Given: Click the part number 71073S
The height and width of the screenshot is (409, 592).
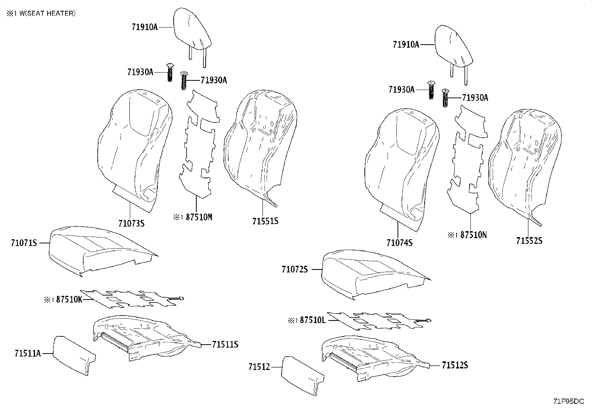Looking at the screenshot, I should tap(131, 224).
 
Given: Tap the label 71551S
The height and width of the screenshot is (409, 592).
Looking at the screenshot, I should tap(265, 221).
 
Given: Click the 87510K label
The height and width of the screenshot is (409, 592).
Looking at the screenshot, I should tap(69, 300).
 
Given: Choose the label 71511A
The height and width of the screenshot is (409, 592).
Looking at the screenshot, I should tap(28, 353).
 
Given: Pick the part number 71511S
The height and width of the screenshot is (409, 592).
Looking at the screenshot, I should tap(225, 345).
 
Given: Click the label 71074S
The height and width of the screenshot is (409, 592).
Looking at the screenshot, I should tap(399, 243).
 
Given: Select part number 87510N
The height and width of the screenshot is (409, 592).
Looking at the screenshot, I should tap(473, 235).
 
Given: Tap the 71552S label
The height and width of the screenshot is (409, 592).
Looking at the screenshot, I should tap(529, 241).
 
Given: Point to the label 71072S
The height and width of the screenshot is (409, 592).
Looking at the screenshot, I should tap(295, 269).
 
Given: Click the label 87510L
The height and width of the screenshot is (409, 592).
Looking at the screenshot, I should tap(313, 320).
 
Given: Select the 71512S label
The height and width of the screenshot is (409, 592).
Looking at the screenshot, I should tap(455, 366).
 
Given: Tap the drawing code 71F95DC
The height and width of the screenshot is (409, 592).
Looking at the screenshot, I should tap(569, 401).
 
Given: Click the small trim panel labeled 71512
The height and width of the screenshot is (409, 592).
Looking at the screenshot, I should tap(301, 374).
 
